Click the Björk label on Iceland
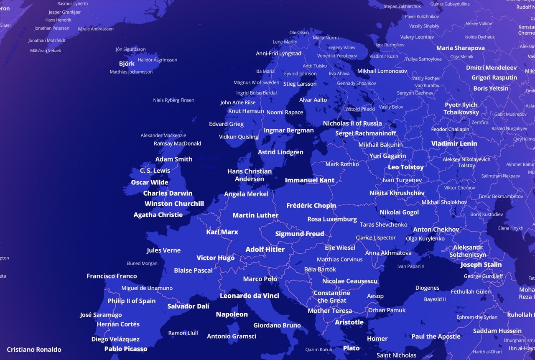coord(127,64)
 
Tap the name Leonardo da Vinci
coord(249,296)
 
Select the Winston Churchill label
coord(174,204)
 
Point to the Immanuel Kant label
coord(309,180)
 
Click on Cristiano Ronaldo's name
coord(34,350)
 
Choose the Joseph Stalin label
coord(481,265)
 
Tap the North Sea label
coord(209,162)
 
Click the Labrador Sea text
coord(14,47)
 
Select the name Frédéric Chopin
coord(311,205)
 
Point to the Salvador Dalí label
coord(188,306)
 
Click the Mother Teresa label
coord(330,311)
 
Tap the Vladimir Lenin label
coord(454,143)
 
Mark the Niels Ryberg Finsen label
coord(173,100)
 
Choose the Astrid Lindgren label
coord(280,152)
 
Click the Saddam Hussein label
coord(497,331)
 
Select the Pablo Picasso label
coord(125,349)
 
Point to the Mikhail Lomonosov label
coord(382,71)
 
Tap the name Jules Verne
coord(163,250)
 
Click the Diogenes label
coord(427,288)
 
